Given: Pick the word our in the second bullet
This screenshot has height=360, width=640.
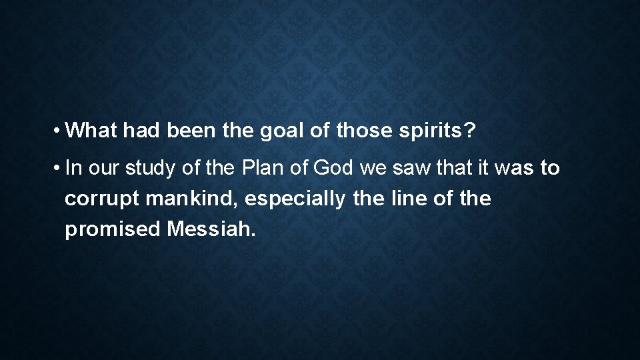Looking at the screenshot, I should [103, 168].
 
